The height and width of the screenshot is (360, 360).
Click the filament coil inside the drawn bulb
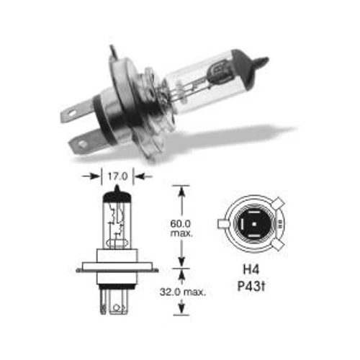click(118, 220)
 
